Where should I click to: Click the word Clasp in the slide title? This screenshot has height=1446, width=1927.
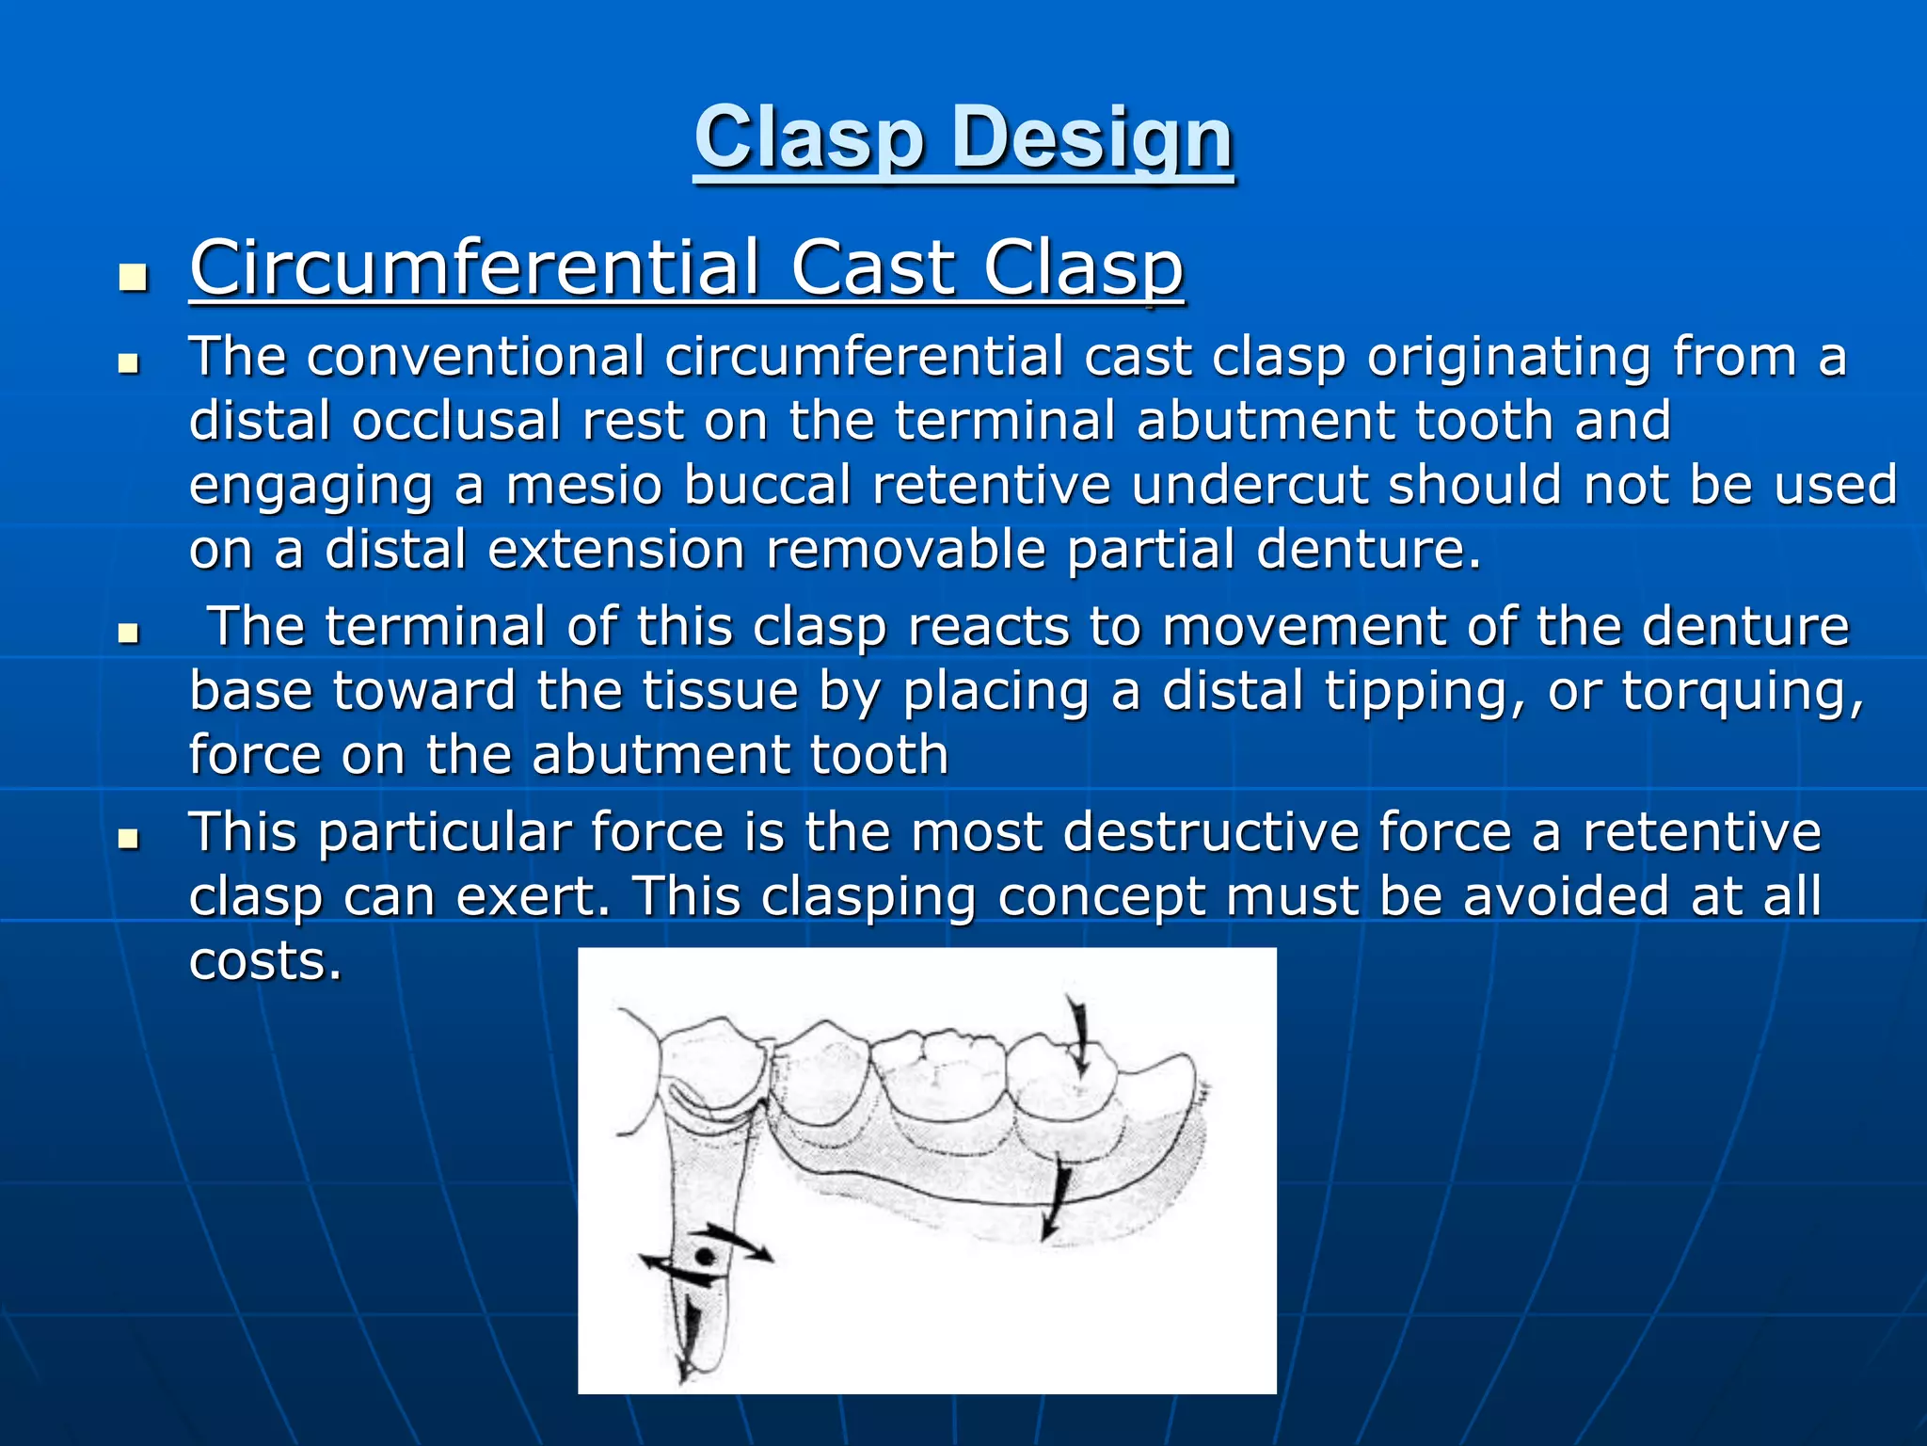point(808,139)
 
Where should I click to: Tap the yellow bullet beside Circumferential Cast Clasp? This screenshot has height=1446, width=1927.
point(134,279)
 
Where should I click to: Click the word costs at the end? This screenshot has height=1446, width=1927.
point(264,961)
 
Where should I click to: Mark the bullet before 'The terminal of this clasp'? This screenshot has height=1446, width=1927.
point(129,634)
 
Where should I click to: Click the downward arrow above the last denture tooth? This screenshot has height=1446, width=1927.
point(1078,1036)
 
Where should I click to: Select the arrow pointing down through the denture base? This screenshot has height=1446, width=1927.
point(1055,1200)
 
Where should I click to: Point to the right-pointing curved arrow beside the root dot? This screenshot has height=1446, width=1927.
point(743,1242)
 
